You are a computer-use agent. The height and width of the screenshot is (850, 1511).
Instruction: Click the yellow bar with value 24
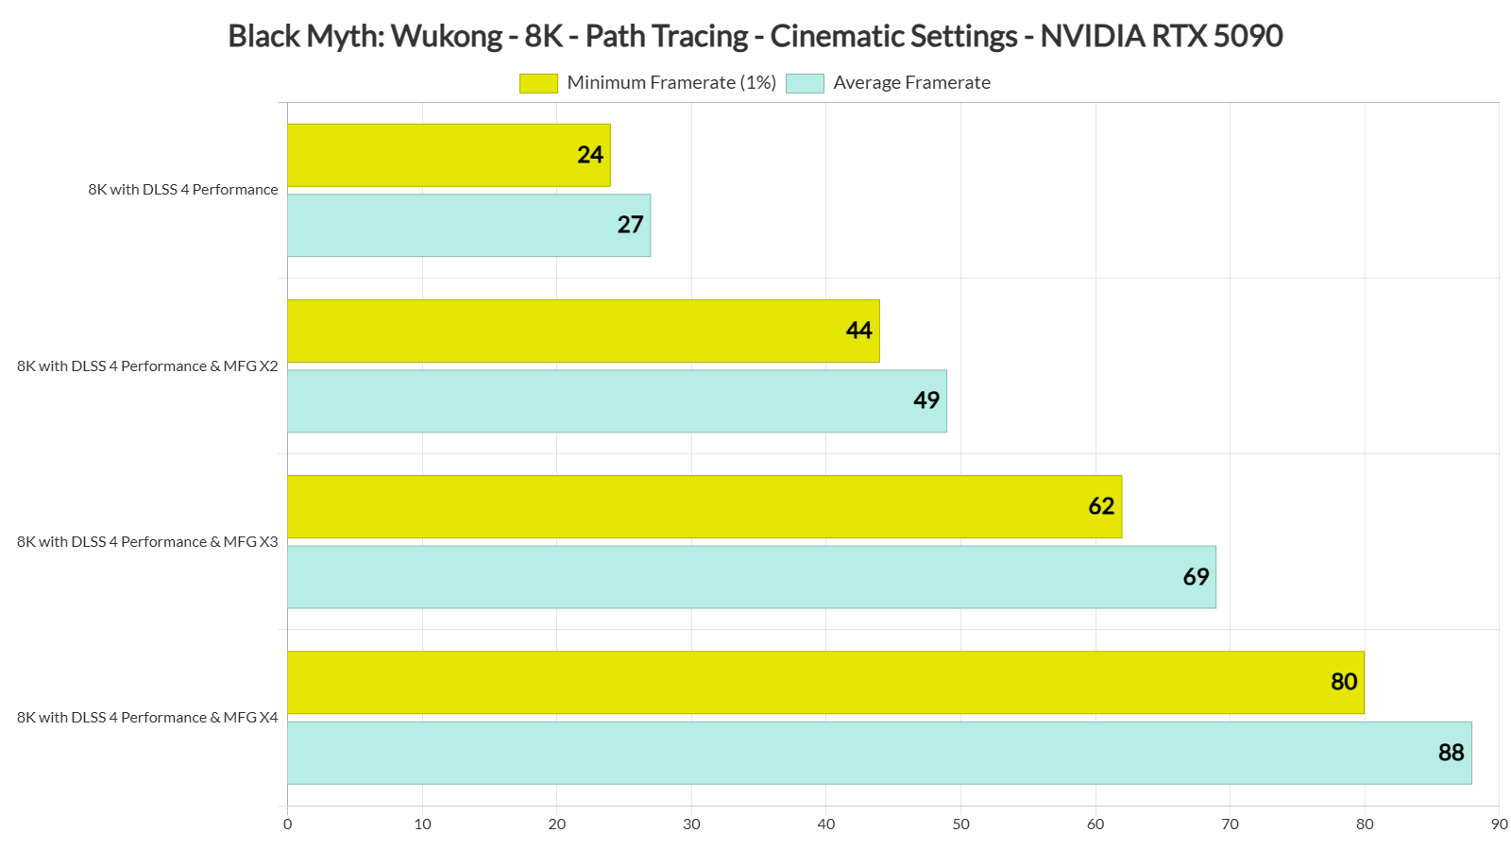[449, 155]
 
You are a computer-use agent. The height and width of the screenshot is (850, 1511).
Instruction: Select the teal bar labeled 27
[468, 225]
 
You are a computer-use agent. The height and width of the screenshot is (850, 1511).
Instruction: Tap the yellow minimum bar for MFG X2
[583, 331]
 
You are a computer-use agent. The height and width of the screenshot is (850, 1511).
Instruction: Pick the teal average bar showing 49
[617, 400]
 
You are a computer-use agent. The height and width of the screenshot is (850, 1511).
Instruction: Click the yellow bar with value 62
[705, 506]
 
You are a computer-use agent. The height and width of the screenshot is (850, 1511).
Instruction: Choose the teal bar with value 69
[752, 576]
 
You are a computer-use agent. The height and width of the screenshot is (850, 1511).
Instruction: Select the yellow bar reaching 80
[825, 682]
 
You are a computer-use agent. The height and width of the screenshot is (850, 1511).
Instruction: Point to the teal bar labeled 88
[879, 753]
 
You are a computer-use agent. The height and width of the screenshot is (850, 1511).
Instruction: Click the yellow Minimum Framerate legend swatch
[538, 83]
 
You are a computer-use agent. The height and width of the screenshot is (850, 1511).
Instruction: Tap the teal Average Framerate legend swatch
[805, 83]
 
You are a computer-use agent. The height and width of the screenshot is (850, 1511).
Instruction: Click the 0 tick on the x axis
[288, 824]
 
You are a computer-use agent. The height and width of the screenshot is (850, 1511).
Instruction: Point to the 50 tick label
[960, 824]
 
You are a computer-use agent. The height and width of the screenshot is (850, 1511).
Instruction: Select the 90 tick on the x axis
[1499, 824]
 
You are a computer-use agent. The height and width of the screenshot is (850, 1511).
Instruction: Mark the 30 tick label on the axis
[691, 824]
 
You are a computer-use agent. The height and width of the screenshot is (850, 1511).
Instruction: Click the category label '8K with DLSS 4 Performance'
[183, 190]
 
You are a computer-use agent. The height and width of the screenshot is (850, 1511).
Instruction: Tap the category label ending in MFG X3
[147, 542]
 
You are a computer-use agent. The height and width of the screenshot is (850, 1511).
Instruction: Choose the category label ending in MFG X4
[147, 718]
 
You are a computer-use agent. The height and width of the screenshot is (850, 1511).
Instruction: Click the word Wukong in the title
[446, 37]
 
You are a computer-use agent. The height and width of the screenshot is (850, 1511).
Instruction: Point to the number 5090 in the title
[1248, 37]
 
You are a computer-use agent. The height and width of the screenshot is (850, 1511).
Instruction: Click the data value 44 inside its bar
[858, 331]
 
